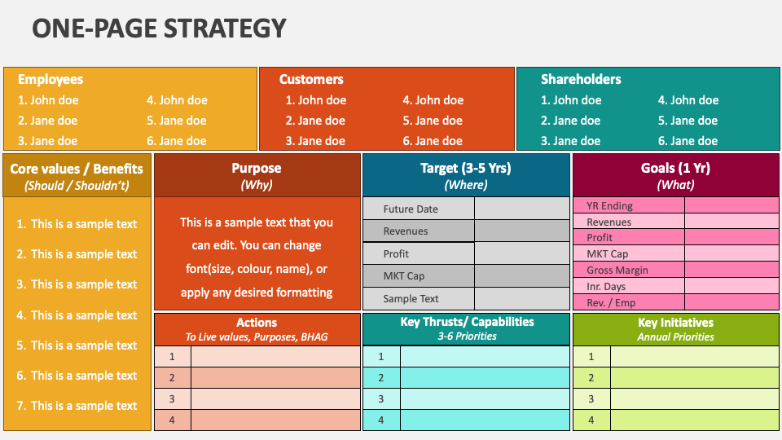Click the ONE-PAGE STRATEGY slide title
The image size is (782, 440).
point(159,29)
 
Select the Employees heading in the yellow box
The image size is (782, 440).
point(51,79)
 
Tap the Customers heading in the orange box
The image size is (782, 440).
point(311,79)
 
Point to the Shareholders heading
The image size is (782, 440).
point(581,79)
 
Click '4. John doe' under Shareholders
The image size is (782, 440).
point(688,100)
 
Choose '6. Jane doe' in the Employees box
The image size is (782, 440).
point(177,141)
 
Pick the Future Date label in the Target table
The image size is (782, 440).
point(411,209)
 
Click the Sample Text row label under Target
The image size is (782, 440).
point(411,299)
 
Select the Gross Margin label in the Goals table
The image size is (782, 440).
point(617,271)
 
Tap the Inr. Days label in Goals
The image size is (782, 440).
point(606,286)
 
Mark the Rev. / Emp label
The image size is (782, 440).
point(611,303)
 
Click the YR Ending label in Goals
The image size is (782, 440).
point(609,205)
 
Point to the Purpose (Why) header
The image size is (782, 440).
point(257,176)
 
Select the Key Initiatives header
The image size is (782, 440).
point(676,329)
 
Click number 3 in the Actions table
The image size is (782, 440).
point(172,399)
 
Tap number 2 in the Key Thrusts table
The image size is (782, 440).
point(381,378)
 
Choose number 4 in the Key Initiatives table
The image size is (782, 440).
point(591,420)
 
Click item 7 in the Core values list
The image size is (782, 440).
point(77,406)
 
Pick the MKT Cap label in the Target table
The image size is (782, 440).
point(403,276)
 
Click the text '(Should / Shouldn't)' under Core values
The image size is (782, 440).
point(77,186)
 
